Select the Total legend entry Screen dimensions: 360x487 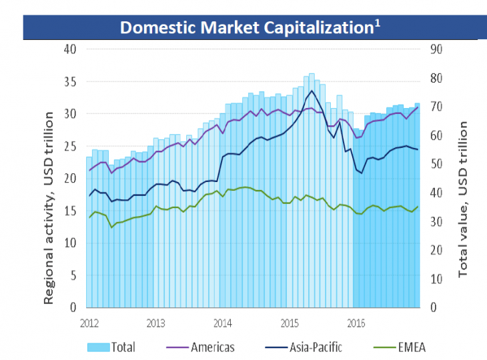pyautogui.click(x=112, y=347)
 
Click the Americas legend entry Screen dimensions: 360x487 pyautogui.click(x=201, y=347)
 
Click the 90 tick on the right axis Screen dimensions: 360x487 pyautogui.click(x=436, y=49)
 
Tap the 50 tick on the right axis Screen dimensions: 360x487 pyautogui.click(x=436, y=164)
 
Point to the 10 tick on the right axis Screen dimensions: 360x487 pyautogui.click(x=436, y=279)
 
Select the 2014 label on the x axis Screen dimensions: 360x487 pyautogui.click(x=222, y=323)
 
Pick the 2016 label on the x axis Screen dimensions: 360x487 pyautogui.click(x=354, y=323)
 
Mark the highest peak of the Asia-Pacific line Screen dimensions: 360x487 pyautogui.click(x=311, y=91)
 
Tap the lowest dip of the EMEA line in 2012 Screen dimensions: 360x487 pyautogui.click(x=111, y=228)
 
